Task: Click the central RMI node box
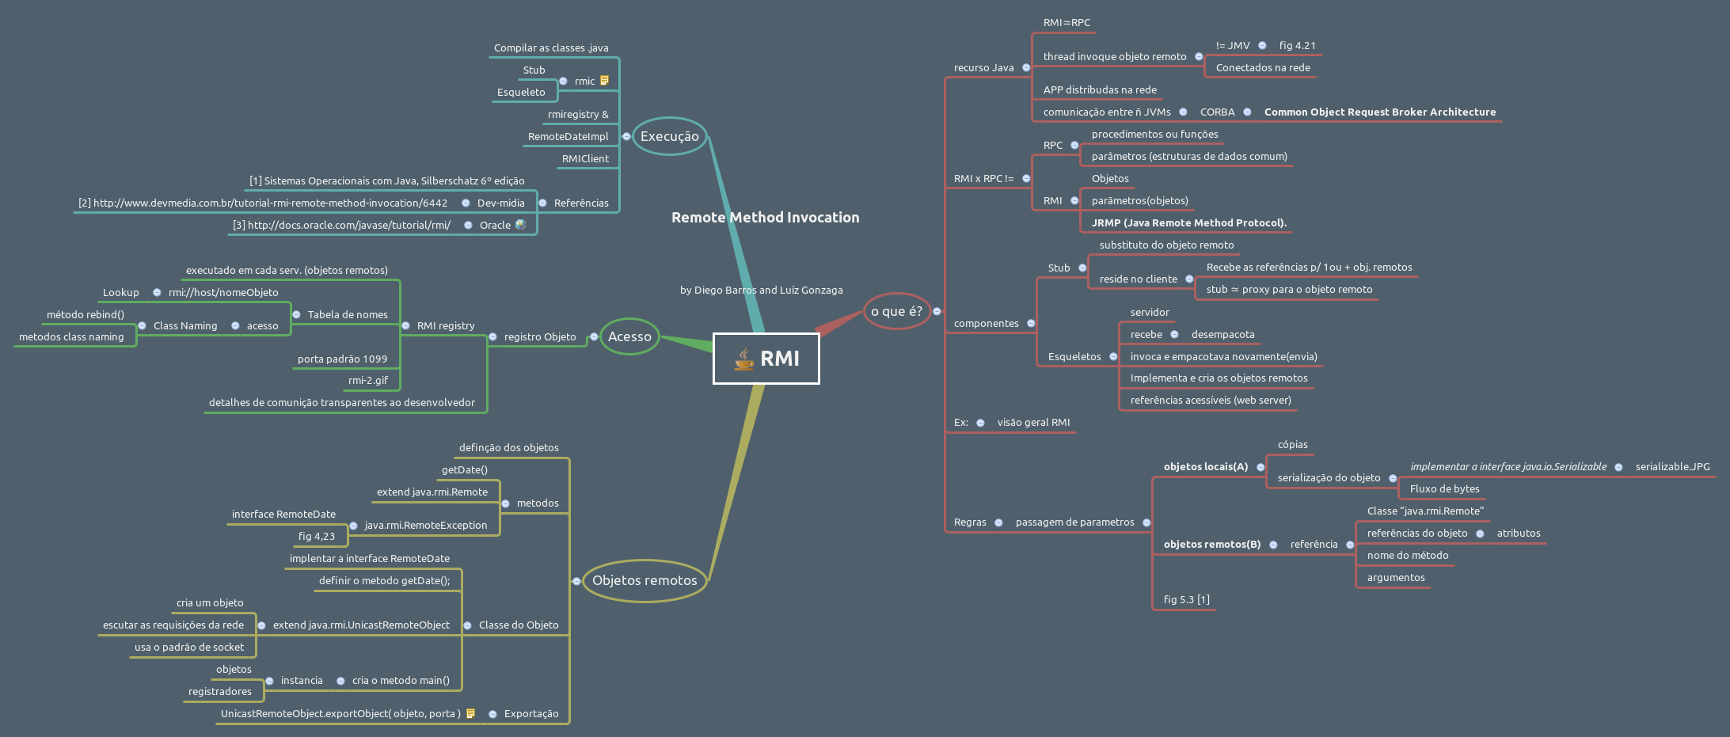[766, 359]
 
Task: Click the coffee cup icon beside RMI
[743, 359]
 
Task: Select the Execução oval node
[669, 136]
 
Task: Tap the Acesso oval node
[629, 336]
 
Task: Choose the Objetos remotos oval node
[644, 580]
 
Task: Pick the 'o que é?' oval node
[896, 311]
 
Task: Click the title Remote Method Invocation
[765, 218]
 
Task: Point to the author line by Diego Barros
[761, 291]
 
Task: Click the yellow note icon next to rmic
[605, 81]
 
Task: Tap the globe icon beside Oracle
[520, 225]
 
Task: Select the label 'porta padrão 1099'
[342, 359]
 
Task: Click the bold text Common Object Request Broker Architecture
[1380, 112]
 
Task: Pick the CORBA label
[1217, 112]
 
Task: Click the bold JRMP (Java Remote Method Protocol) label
[1188, 223]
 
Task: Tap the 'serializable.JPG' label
[1672, 467]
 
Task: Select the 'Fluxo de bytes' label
[1444, 489]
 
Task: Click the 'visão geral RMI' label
[1033, 423]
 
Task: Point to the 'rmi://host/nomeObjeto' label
[223, 293]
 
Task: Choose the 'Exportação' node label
[530, 714]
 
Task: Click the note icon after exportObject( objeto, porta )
[471, 713]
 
